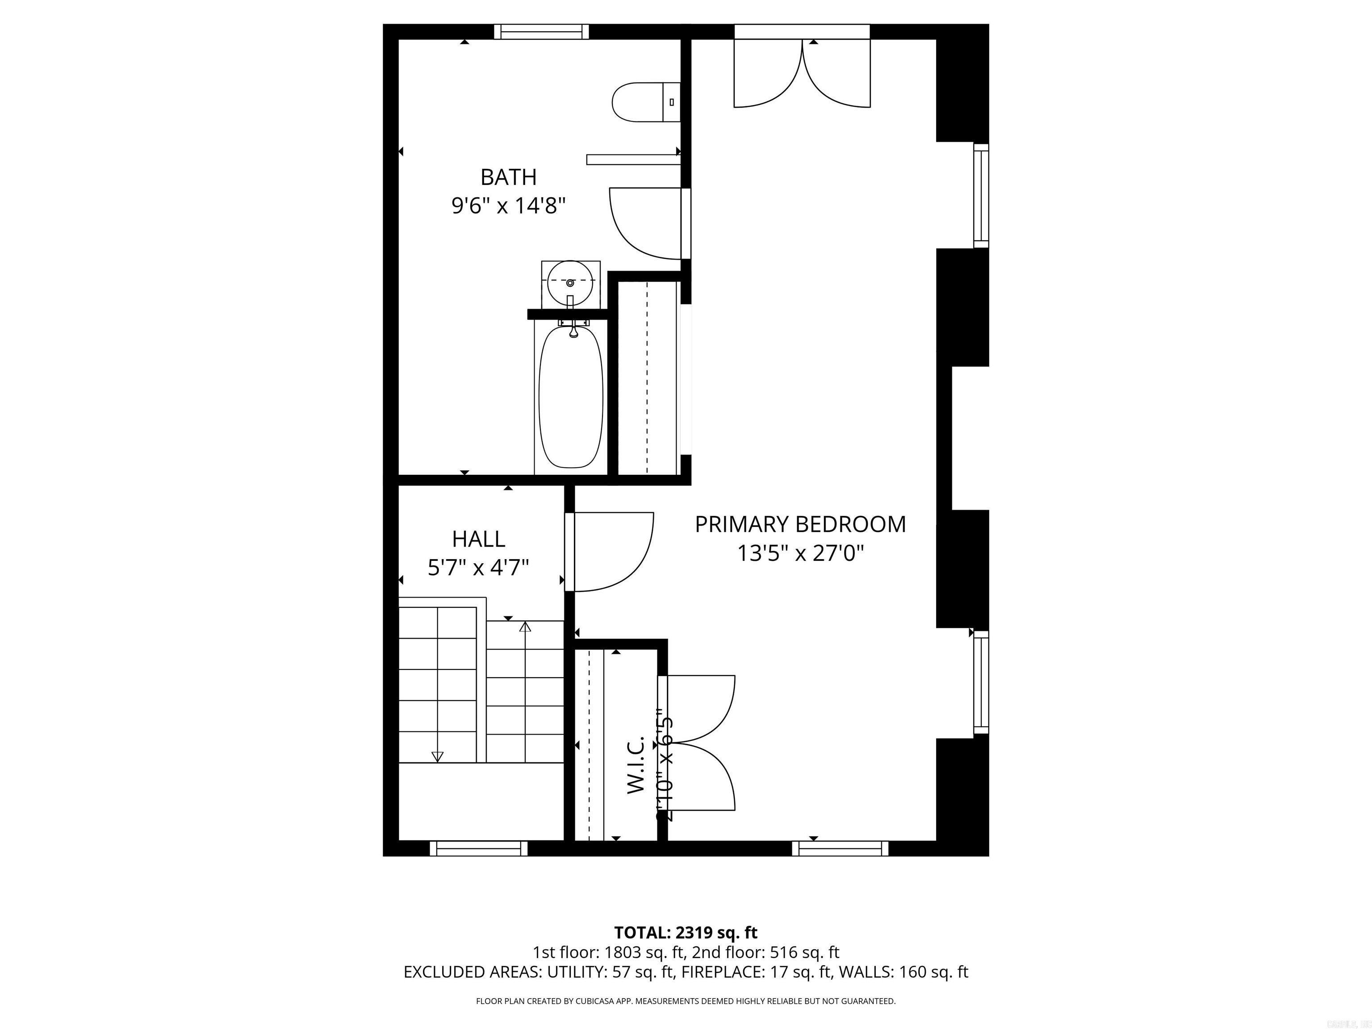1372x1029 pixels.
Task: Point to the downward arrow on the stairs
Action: coord(437,756)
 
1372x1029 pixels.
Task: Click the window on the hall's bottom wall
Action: coord(478,849)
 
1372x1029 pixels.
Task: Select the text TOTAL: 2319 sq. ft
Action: coord(686,932)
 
